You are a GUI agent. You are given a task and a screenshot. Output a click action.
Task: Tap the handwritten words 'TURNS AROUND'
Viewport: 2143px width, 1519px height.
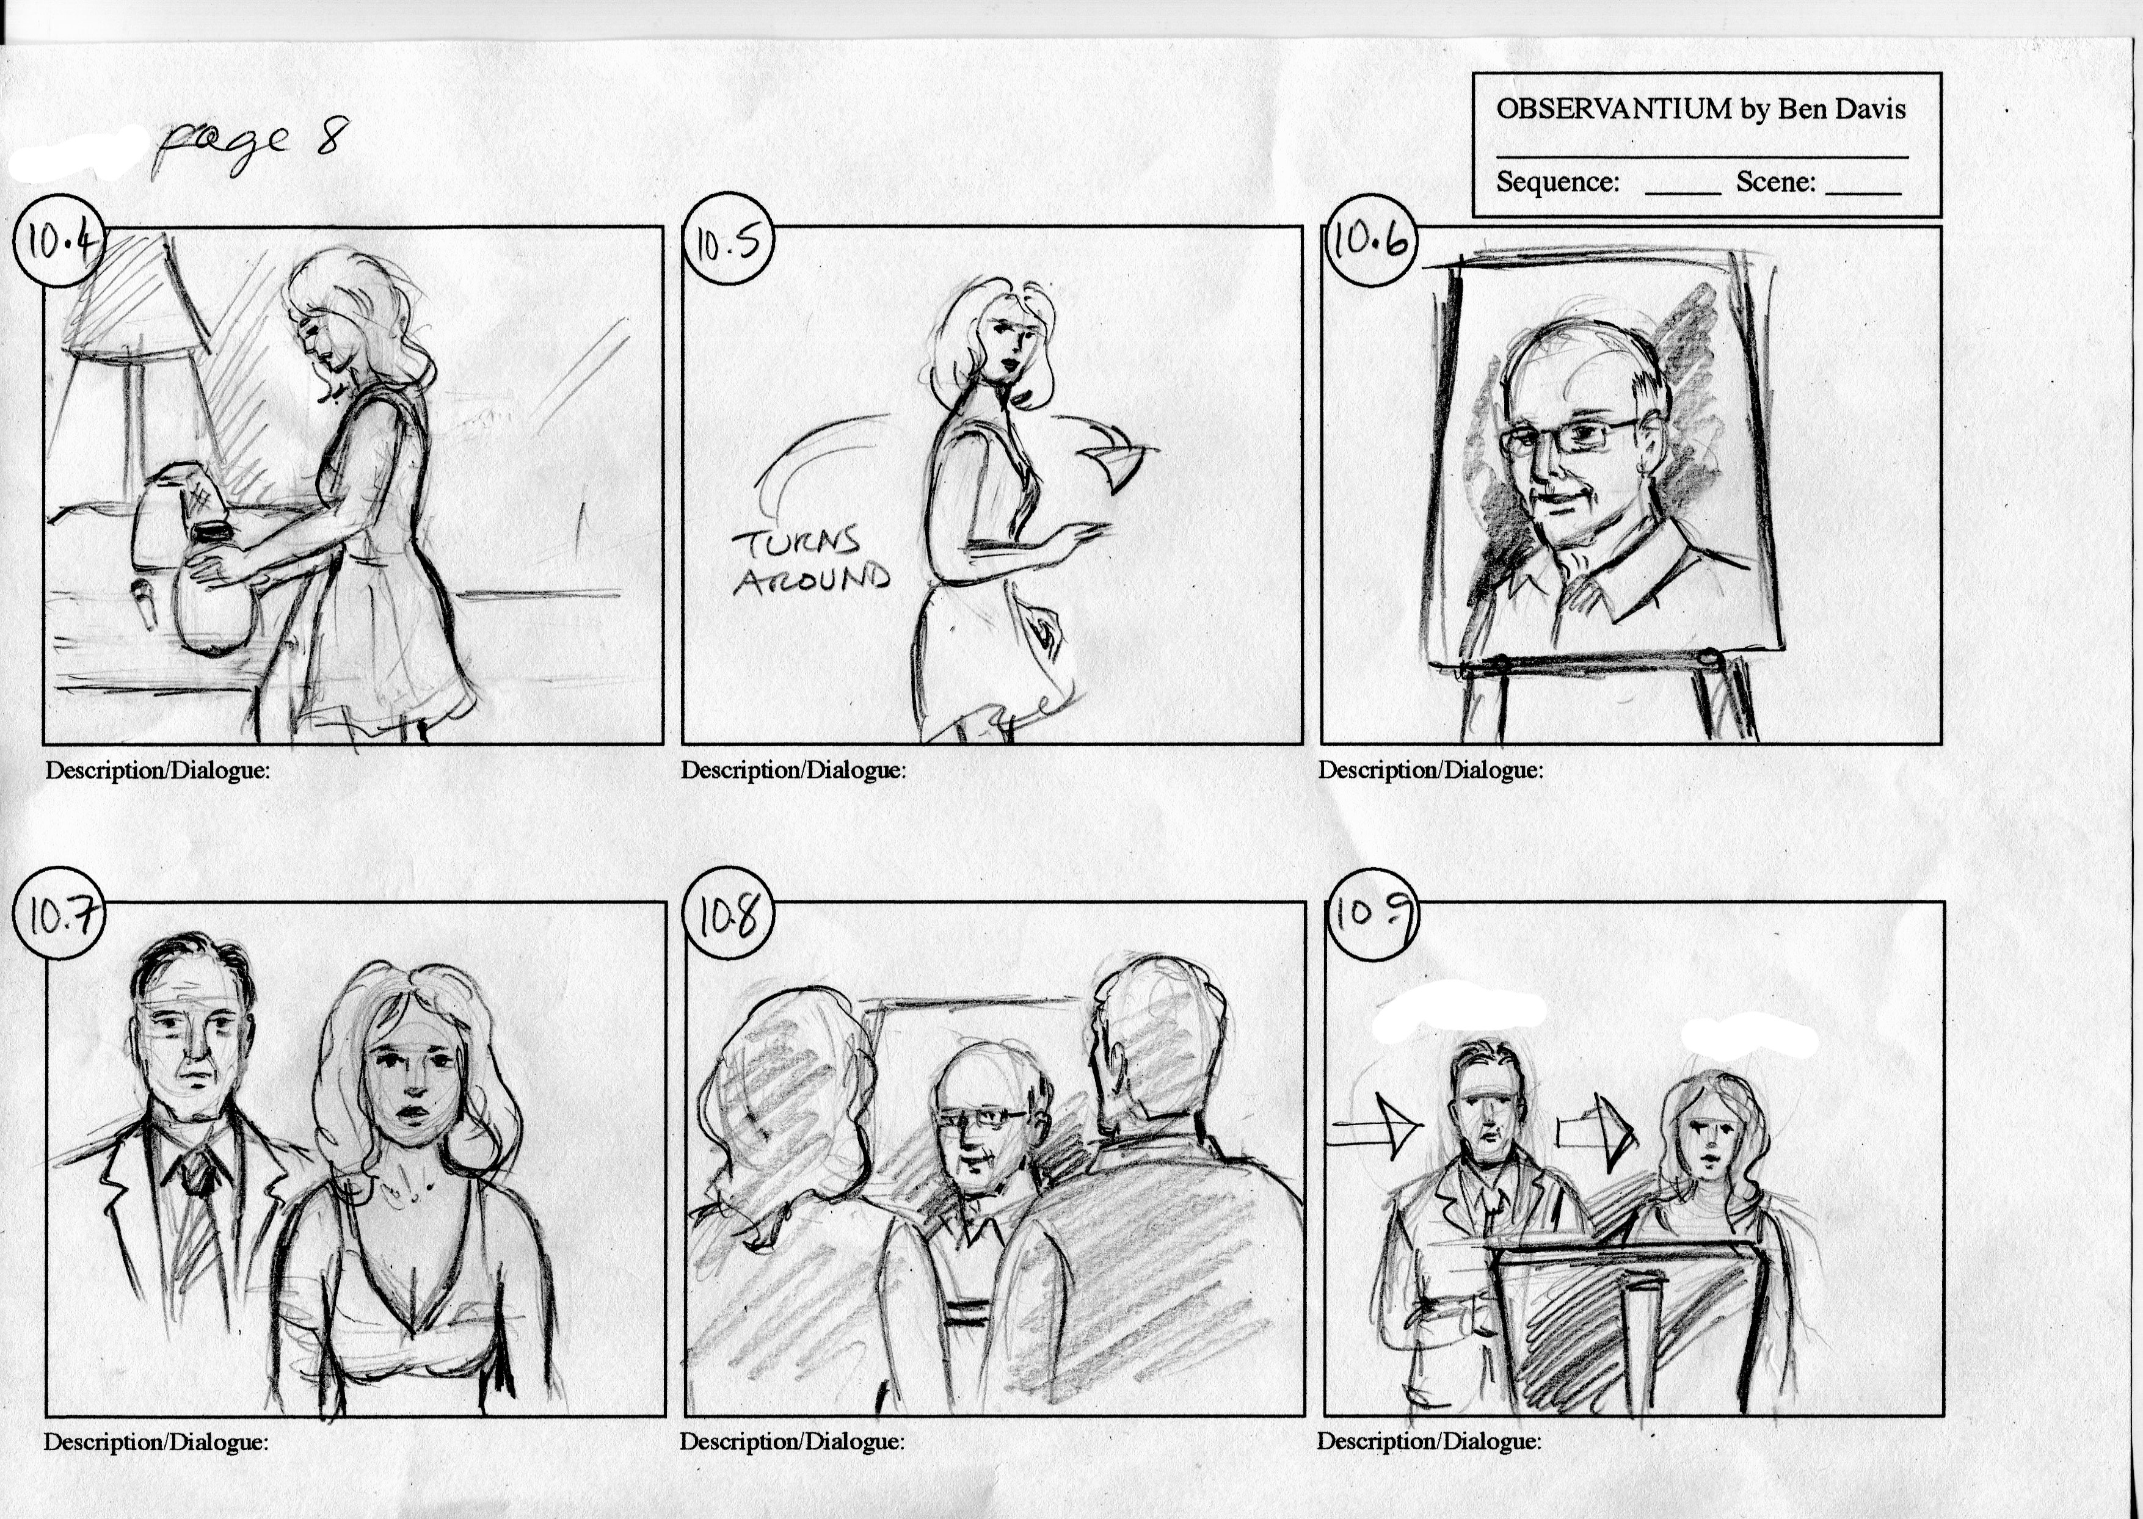(x=810, y=561)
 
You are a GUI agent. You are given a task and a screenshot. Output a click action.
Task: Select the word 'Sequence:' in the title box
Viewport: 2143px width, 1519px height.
(x=1557, y=181)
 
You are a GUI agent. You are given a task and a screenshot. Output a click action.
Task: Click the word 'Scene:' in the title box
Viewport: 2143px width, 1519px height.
(x=1775, y=181)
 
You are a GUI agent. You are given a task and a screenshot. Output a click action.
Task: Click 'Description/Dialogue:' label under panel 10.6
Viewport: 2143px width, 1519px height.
(x=1430, y=770)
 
